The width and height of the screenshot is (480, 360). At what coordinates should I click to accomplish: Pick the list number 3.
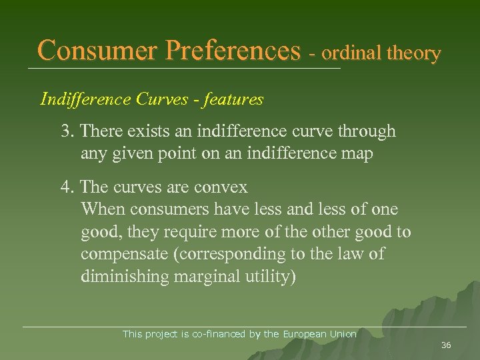pyautogui.click(x=66, y=131)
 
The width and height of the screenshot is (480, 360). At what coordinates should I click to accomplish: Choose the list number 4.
pyautogui.click(x=66, y=187)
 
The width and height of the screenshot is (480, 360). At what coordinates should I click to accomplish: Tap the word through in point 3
pyautogui.click(x=366, y=131)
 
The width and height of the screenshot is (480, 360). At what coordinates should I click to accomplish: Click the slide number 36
pyautogui.click(x=446, y=345)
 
